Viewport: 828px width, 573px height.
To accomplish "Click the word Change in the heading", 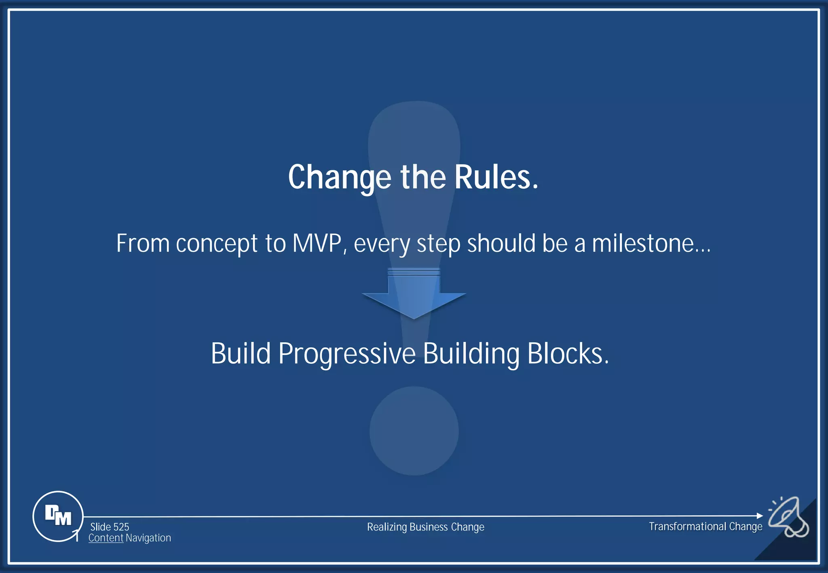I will point(339,178).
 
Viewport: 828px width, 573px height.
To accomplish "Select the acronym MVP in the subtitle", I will point(317,244).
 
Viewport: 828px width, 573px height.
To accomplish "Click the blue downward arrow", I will point(414,297).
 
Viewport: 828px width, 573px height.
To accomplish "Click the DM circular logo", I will point(58,516).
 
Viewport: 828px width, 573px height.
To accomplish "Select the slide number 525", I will point(121,527).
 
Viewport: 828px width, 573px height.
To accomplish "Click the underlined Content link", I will point(106,538).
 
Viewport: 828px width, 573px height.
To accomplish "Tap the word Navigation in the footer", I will point(148,538).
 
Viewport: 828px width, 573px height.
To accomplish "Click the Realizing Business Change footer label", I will point(425,527).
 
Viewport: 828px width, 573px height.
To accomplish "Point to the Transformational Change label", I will point(705,527).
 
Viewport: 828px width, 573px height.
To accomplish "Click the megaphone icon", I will point(788,517).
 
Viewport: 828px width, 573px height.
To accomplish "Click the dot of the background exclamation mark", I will point(414,431).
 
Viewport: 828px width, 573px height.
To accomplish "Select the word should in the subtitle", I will point(501,244).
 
